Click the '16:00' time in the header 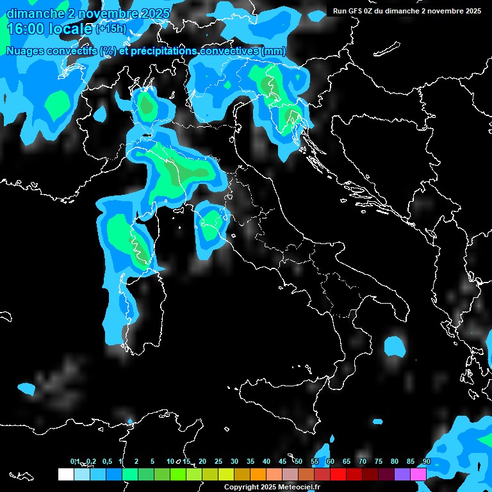pos(26,29)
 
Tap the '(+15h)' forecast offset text pos(110,28)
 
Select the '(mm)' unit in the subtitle pos(273,51)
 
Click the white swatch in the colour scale pos(65,474)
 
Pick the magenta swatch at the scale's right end pos(418,474)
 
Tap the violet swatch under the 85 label pos(402,474)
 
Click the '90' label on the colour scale pos(426,461)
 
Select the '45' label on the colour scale pos(283,461)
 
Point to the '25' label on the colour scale pos(218,461)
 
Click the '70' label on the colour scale pos(363,461)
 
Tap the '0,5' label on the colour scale pos(106,461)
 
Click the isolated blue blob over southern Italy pos(395,346)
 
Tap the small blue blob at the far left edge pos(26,388)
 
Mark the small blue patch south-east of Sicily pos(377,421)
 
